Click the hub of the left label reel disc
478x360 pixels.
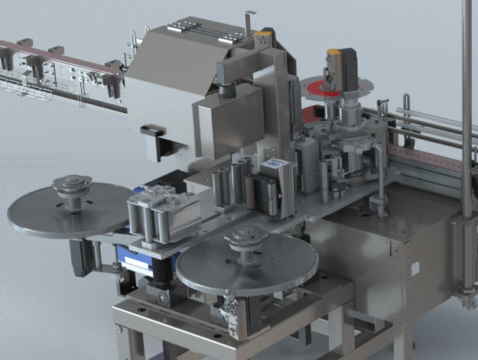(70, 186)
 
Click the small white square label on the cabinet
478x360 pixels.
(414, 268)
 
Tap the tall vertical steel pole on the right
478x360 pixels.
(467, 115)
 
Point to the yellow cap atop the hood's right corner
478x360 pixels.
(263, 35)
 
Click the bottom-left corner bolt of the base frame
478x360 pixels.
(119, 329)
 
